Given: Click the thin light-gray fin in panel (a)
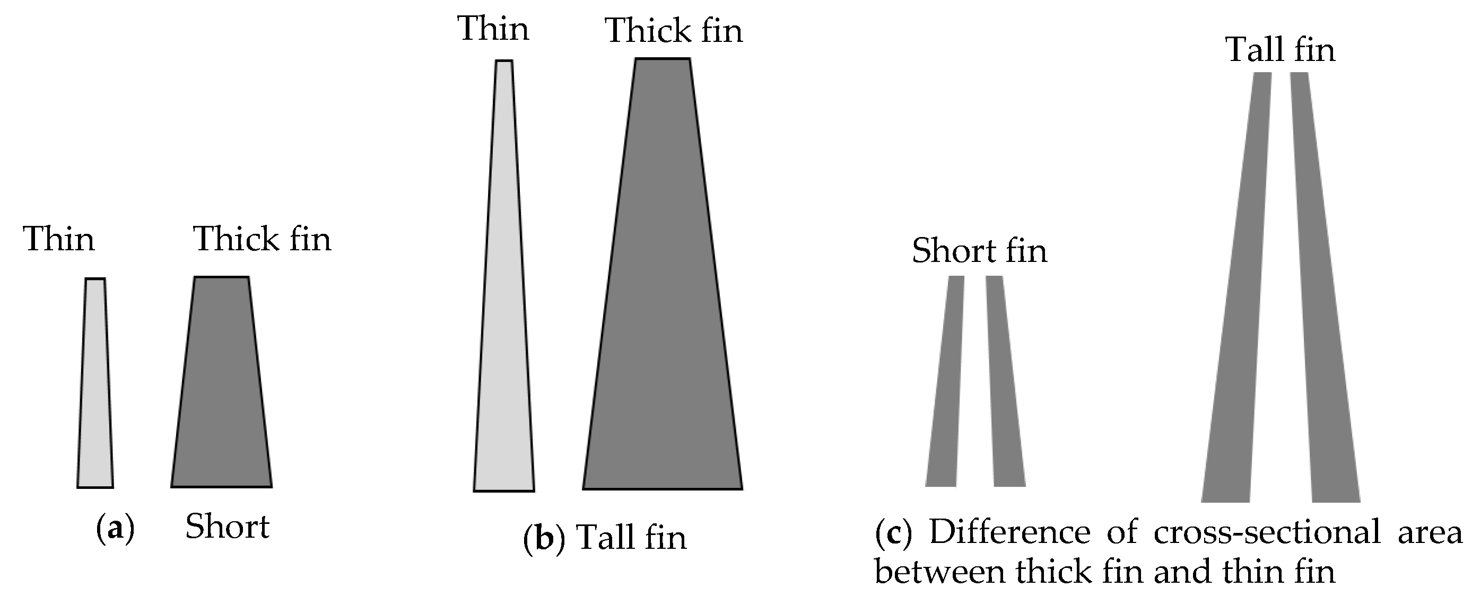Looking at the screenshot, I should point(95,389).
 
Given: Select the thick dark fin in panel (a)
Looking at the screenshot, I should point(222,389).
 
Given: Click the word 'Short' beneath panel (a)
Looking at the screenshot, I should point(228,527).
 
